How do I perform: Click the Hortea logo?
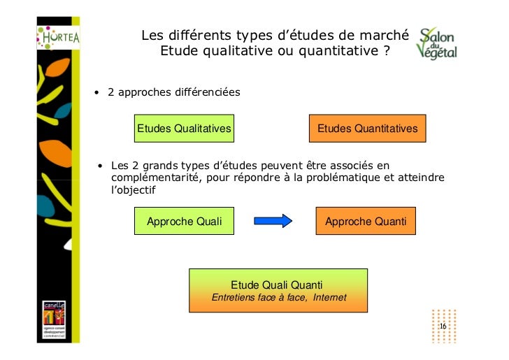pos(59,36)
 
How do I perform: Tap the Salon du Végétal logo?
pos(437,44)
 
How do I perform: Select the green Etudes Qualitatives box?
pos(184,129)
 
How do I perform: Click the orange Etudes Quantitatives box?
pos(367,129)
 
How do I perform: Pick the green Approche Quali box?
pos(184,222)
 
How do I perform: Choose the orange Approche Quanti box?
pos(366,222)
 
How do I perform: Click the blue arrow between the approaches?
pos(273,222)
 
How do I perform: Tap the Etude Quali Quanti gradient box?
pos(278,291)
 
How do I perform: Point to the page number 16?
pos(443,328)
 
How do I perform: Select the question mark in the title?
pos(386,51)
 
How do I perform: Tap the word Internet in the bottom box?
pos(330,298)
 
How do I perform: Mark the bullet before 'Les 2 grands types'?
pos(101,166)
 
